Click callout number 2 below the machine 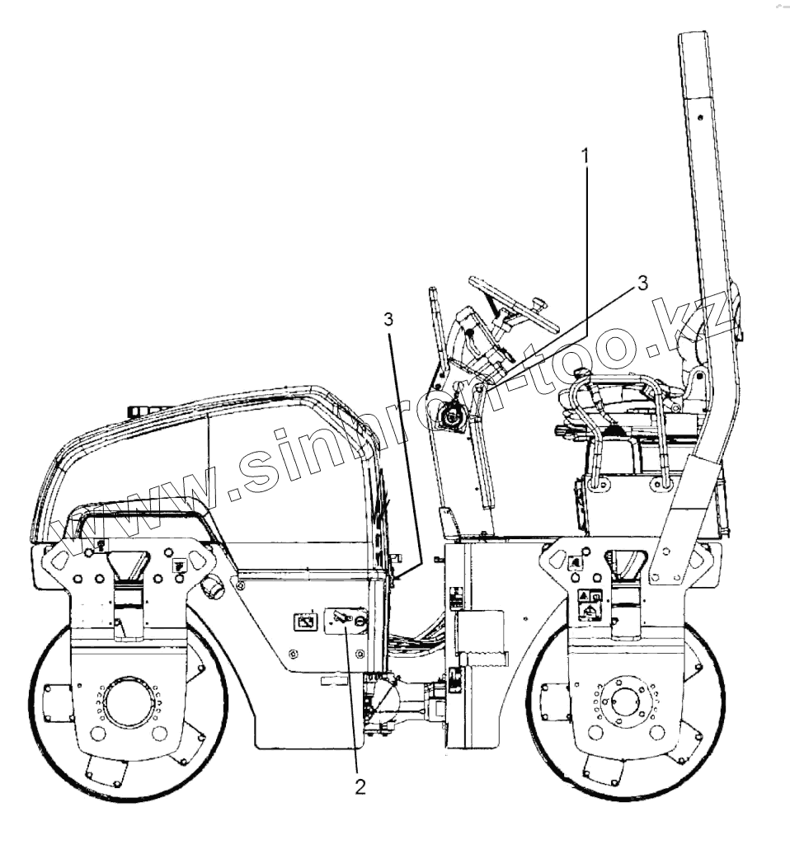360,786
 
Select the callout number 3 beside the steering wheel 642,283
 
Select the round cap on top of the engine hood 147,409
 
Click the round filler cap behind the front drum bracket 213,587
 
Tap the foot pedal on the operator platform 450,521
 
